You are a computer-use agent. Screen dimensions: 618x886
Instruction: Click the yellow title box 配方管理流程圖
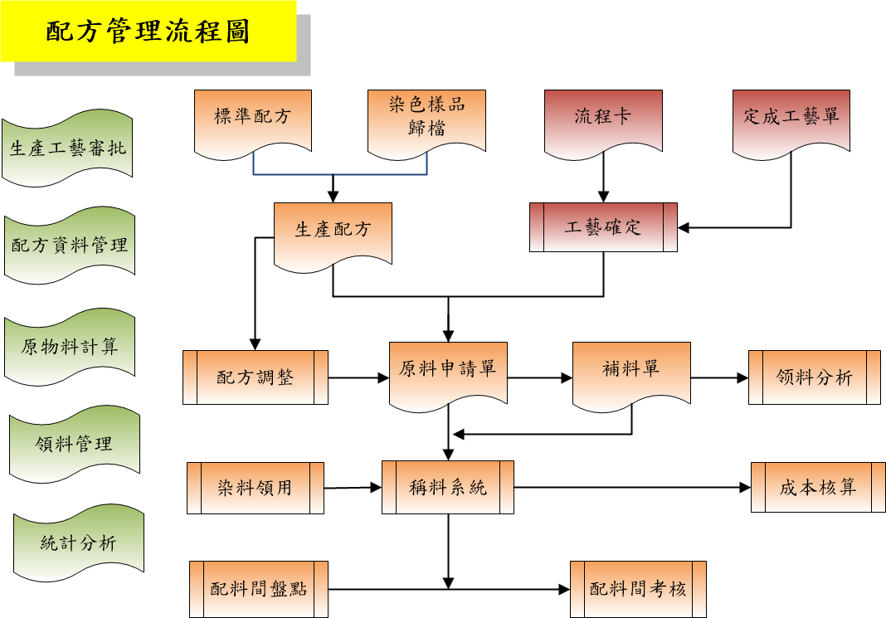click(x=148, y=32)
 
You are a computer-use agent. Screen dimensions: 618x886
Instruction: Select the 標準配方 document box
click(x=252, y=118)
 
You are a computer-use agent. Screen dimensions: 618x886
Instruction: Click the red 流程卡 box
click(x=603, y=118)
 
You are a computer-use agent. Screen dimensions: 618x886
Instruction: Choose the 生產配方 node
click(x=333, y=231)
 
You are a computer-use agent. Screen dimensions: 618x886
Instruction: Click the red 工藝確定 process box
click(x=603, y=227)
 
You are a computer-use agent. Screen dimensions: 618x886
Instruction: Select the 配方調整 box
click(x=256, y=377)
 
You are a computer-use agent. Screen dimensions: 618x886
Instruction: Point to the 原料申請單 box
click(x=448, y=371)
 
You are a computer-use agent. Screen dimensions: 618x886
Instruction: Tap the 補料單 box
click(x=631, y=371)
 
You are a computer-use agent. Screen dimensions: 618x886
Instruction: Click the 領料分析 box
click(x=814, y=377)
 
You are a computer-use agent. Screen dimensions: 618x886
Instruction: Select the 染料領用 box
click(x=256, y=488)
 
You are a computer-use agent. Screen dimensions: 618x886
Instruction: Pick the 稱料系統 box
click(x=448, y=488)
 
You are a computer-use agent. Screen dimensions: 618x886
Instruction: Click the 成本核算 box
click(x=817, y=488)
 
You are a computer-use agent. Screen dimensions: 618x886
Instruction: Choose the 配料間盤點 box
click(x=259, y=589)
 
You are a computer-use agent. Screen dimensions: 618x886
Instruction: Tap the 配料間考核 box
click(x=638, y=589)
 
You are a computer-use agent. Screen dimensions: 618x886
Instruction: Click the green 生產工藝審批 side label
click(x=68, y=149)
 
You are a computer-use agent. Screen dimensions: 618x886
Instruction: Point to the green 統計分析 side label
click(x=79, y=544)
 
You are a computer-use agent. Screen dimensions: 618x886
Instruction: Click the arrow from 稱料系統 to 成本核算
click(x=630, y=488)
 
